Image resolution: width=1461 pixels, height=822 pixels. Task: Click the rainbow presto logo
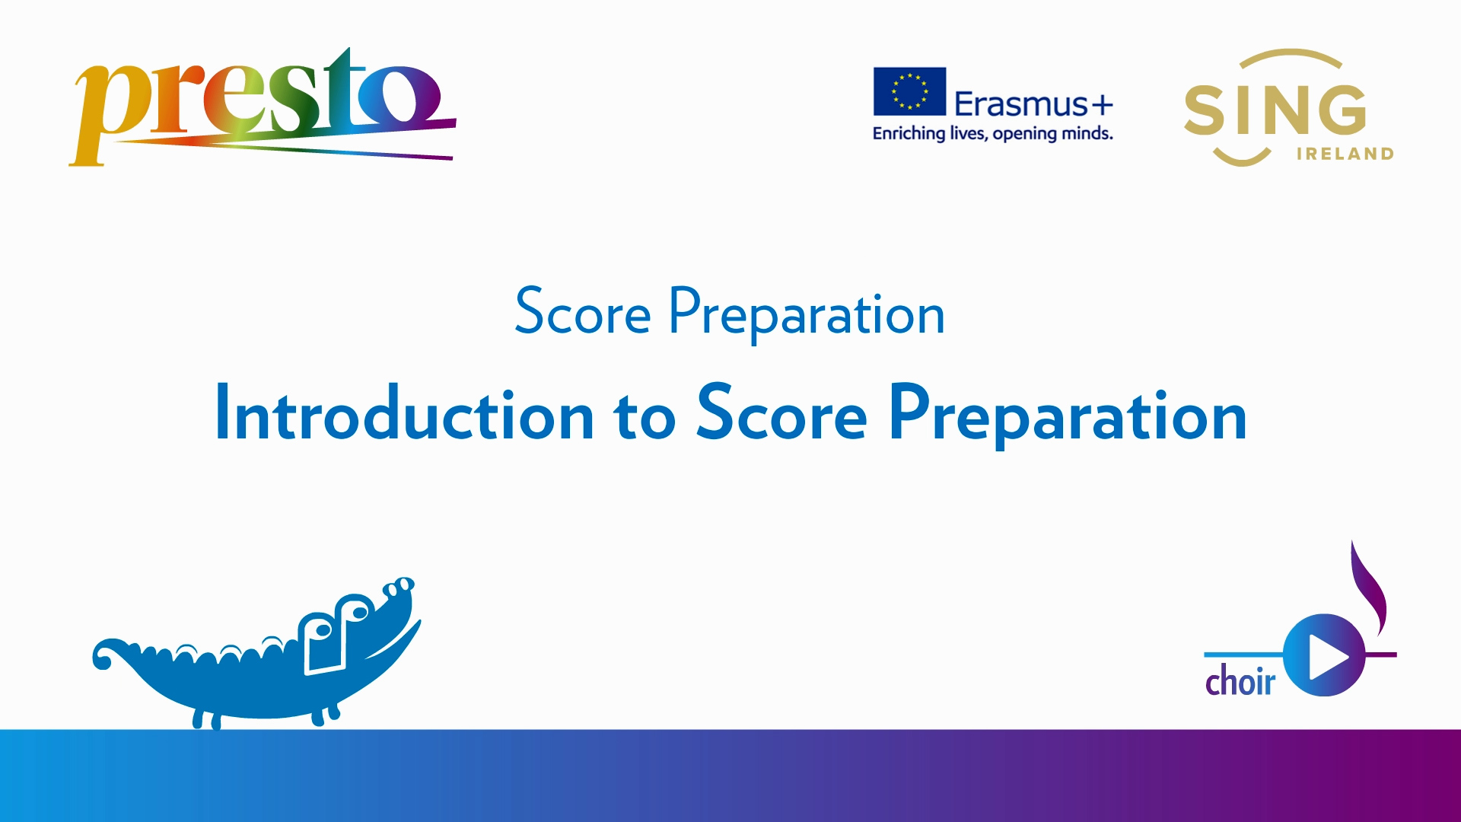[x=263, y=107]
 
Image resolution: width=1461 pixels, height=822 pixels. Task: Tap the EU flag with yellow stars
[x=909, y=91]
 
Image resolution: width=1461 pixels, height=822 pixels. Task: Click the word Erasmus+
[x=1033, y=104]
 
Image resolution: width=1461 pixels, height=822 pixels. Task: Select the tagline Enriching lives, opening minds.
[x=993, y=134]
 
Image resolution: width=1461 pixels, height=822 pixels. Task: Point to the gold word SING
[x=1275, y=110]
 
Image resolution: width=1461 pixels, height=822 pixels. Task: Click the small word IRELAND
[x=1345, y=154]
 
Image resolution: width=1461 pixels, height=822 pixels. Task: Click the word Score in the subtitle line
[x=583, y=312]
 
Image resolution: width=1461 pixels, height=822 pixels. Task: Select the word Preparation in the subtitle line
[x=807, y=314]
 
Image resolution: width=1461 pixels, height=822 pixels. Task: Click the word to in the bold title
[x=645, y=416]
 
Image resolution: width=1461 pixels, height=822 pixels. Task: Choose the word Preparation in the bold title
[x=1068, y=416]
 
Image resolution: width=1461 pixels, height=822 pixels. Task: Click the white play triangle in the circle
[x=1328, y=655]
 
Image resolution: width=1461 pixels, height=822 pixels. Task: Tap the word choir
[x=1240, y=680]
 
